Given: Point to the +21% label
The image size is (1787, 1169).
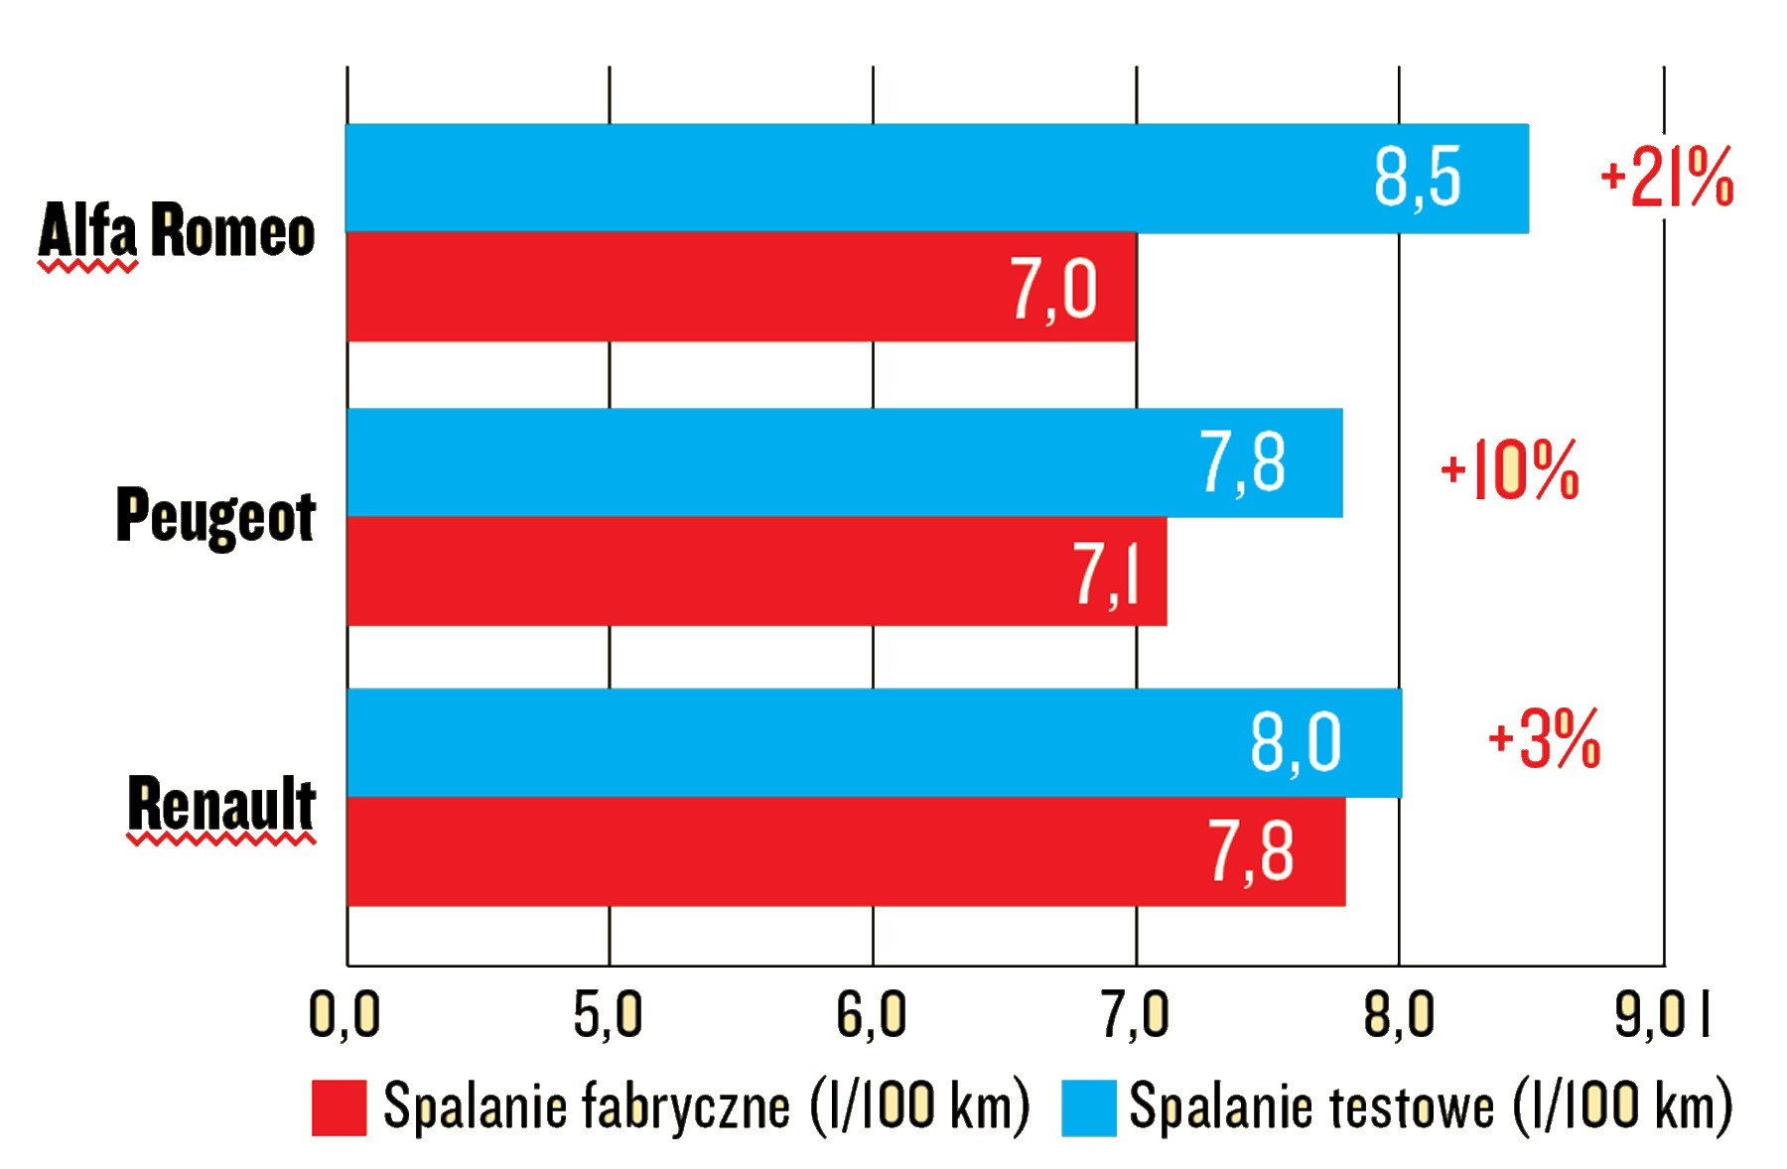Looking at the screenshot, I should click(1668, 179).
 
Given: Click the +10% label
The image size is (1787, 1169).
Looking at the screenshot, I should click(1510, 470).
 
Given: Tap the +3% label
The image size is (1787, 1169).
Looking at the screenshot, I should click(1545, 739).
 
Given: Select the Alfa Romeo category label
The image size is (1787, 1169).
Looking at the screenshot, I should click(177, 231).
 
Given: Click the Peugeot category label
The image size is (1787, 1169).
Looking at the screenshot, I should click(215, 516).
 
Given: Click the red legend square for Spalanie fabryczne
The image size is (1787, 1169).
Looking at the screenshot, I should click(339, 1107).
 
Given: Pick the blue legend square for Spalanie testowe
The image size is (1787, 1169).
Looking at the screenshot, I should click(1088, 1107).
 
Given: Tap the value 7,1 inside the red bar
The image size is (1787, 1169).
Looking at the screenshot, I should click(1105, 574).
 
